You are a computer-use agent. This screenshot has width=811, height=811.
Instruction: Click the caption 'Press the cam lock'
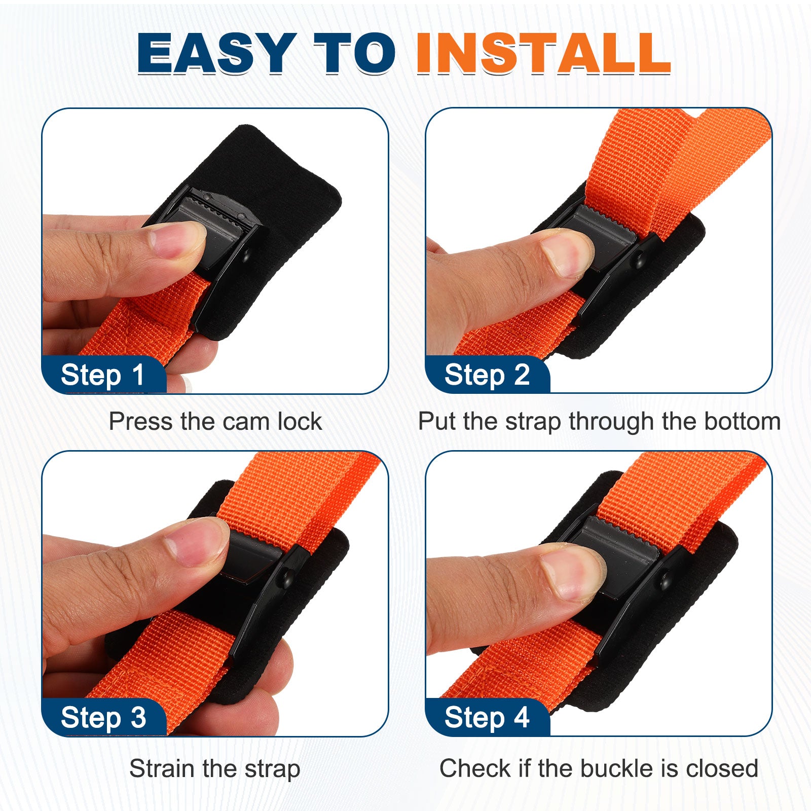[215, 421]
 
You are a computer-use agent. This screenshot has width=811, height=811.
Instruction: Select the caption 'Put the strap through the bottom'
[599, 421]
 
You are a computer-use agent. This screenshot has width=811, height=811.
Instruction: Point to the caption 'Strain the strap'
[215, 768]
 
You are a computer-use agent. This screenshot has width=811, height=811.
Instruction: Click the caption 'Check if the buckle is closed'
[599, 768]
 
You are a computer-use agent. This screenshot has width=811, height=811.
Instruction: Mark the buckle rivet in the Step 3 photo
[287, 577]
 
